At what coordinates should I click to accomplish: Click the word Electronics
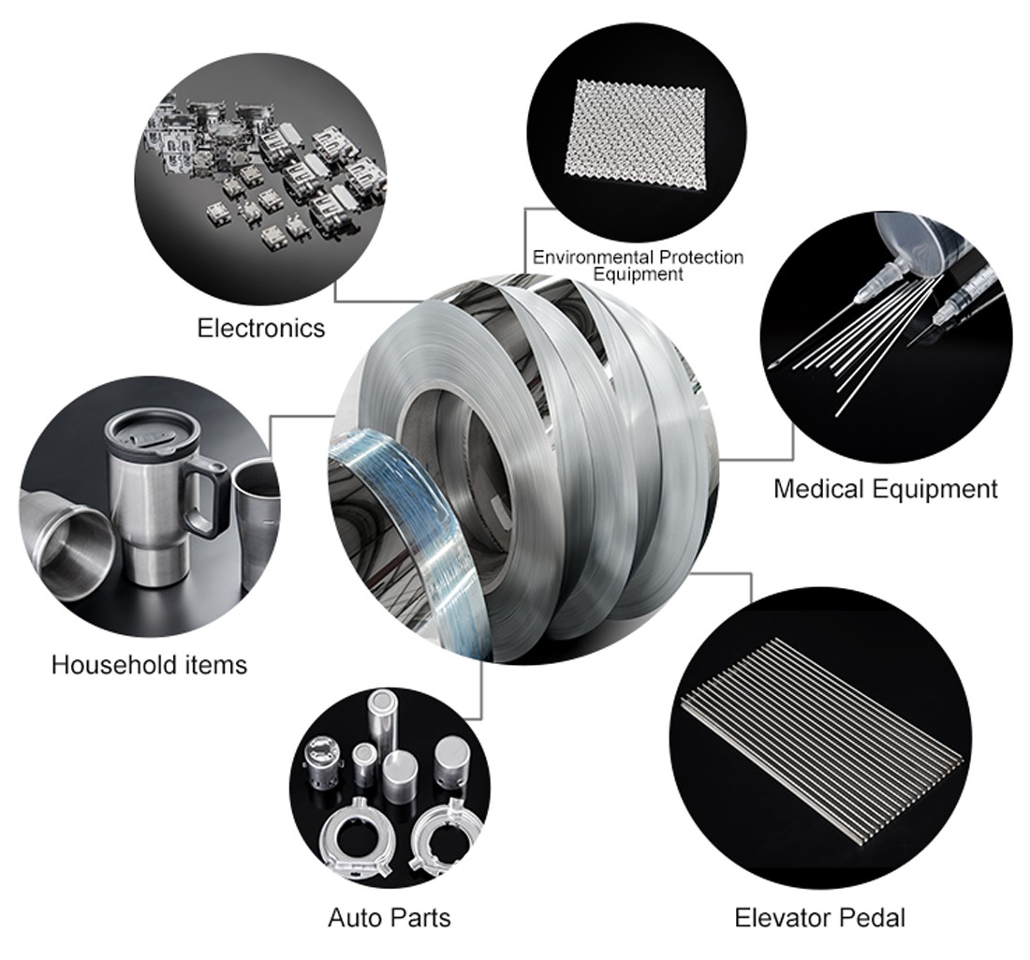[x=261, y=327]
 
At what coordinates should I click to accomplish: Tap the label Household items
[x=149, y=664]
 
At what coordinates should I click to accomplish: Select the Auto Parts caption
[x=390, y=917]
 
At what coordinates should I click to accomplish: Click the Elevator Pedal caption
[x=819, y=917]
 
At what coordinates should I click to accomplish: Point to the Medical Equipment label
[x=886, y=489]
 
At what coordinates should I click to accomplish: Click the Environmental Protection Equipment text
[x=638, y=265]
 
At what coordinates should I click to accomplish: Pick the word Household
[x=113, y=664]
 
